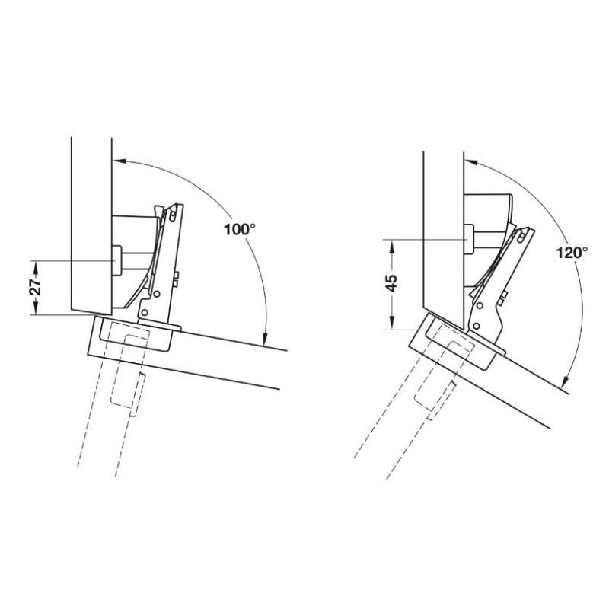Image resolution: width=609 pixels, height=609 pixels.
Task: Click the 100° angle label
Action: click(x=240, y=230)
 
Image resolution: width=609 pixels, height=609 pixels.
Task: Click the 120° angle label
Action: click(x=572, y=253)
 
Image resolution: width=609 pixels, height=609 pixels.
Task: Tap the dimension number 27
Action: click(x=35, y=288)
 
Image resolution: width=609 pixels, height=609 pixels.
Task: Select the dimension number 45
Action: click(x=392, y=283)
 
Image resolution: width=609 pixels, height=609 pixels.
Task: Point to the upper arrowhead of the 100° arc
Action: click(x=120, y=161)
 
